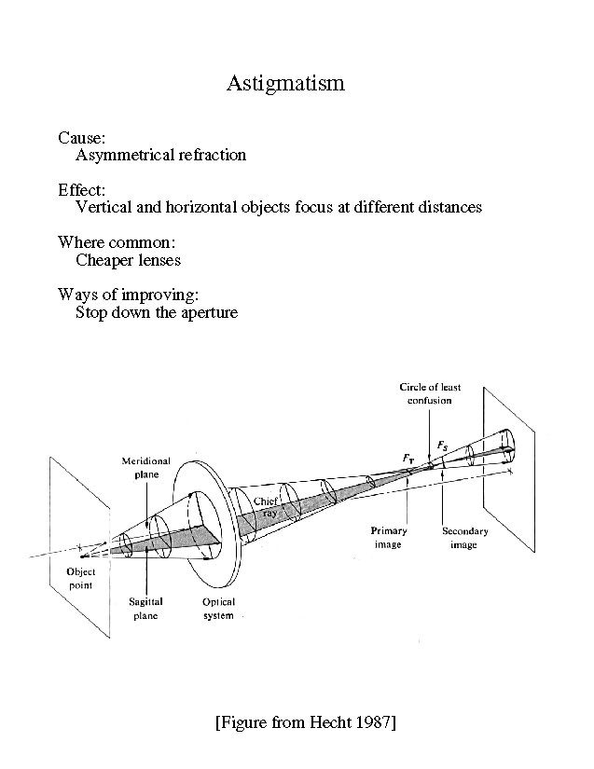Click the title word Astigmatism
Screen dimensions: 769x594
[285, 84]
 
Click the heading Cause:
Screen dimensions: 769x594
[82, 138]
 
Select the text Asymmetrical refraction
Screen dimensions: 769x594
[160, 155]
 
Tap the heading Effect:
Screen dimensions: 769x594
[82, 190]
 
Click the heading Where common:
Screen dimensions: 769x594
[117, 242]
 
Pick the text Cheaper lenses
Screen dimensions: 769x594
[128, 260]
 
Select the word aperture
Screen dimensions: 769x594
[210, 312]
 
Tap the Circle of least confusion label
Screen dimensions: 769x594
[430, 393]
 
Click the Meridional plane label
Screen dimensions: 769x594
[142, 467]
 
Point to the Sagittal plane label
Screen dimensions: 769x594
[146, 609]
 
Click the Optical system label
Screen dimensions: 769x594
[218, 609]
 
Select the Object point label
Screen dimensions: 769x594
[82, 578]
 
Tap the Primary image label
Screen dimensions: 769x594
[388, 538]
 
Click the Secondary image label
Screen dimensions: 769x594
[464, 538]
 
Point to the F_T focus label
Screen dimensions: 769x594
[408, 458]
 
